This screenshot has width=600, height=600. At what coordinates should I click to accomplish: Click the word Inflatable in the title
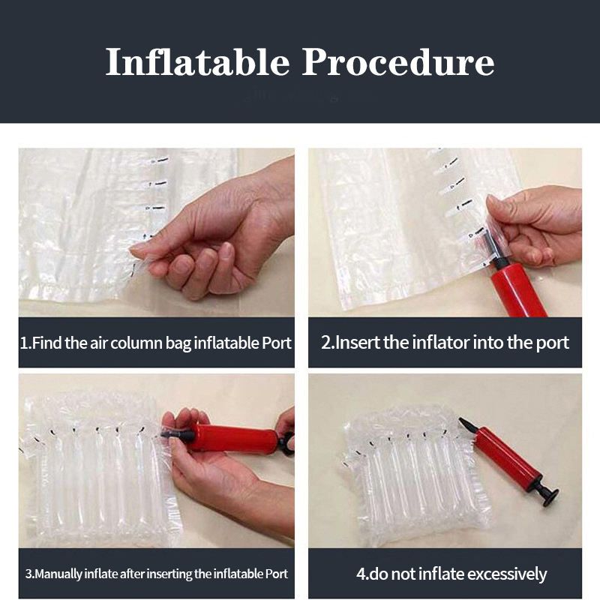197,62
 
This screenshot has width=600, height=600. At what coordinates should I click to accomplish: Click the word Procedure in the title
398,62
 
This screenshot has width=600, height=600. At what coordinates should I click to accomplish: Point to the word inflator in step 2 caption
441,342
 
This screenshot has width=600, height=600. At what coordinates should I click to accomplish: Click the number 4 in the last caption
361,574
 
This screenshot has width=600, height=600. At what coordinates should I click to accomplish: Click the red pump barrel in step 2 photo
518,291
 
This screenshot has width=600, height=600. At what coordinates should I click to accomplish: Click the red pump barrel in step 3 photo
236,437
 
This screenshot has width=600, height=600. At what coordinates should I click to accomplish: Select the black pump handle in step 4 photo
545,493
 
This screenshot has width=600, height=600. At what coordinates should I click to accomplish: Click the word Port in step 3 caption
277,574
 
